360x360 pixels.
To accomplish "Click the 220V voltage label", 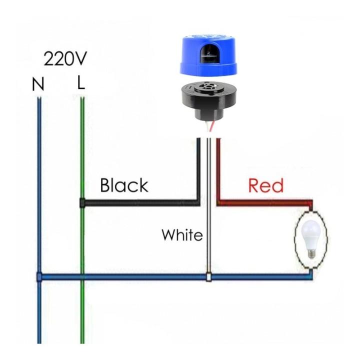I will tap(65, 58).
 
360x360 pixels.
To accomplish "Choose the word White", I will tap(182, 234).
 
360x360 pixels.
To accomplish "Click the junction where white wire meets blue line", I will tap(208, 276).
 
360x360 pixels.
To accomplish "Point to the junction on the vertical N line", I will tap(39, 276).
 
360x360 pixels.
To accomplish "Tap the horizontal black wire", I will tap(140, 203).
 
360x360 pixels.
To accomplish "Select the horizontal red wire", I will tap(265, 202).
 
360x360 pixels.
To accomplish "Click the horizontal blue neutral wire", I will tap(125, 276).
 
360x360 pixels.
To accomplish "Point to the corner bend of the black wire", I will tap(198, 202).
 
